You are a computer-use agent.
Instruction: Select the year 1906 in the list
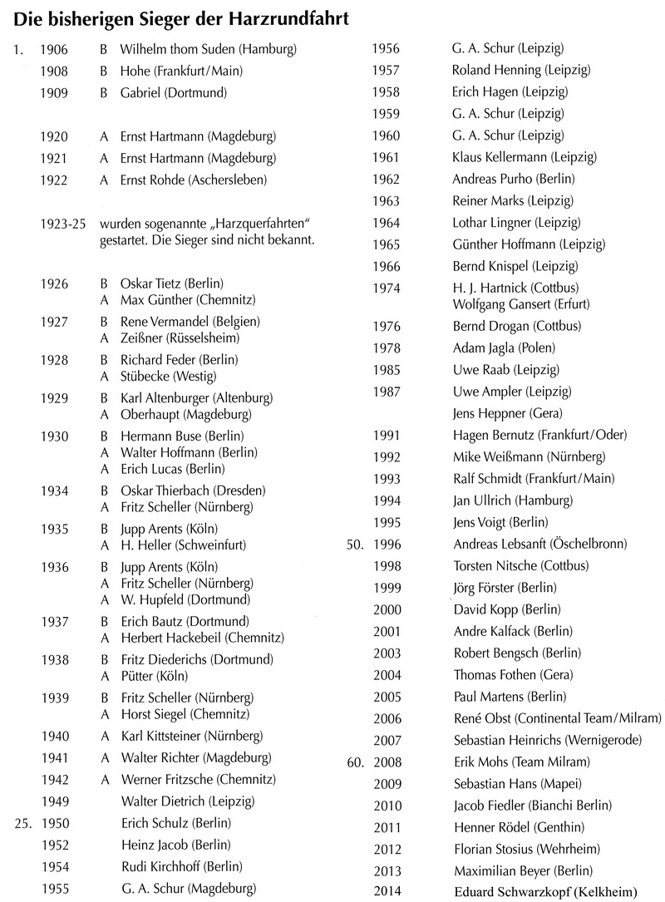(53, 49)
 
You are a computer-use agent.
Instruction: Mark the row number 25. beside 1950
(22, 823)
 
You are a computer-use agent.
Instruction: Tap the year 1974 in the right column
(387, 288)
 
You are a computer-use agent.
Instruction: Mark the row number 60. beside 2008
(355, 762)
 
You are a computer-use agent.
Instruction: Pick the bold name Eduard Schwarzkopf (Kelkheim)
(544, 892)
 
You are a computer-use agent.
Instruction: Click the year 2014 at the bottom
(387, 892)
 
